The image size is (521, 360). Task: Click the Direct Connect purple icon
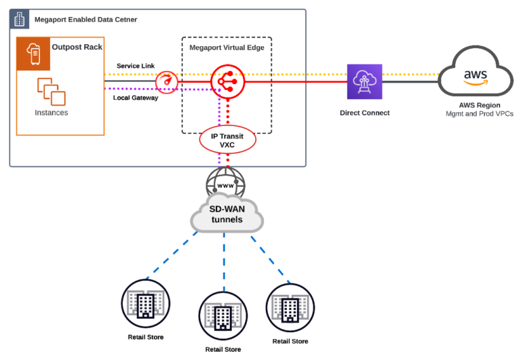coord(364,82)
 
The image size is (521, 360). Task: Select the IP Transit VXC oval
coord(227,140)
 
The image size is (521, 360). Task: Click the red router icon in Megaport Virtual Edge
coord(227,82)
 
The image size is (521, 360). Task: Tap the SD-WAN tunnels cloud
coord(227,214)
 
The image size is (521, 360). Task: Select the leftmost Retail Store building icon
coord(146,303)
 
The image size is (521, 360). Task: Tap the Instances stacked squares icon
coord(52,92)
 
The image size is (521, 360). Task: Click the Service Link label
coord(135,66)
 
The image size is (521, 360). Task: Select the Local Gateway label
coord(135,98)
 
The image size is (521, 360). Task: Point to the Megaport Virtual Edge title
coord(227,47)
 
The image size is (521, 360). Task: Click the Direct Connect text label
coord(364,113)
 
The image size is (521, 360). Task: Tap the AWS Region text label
coord(479,106)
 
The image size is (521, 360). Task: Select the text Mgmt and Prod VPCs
coord(479,115)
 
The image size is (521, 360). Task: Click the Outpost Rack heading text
coord(77,47)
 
